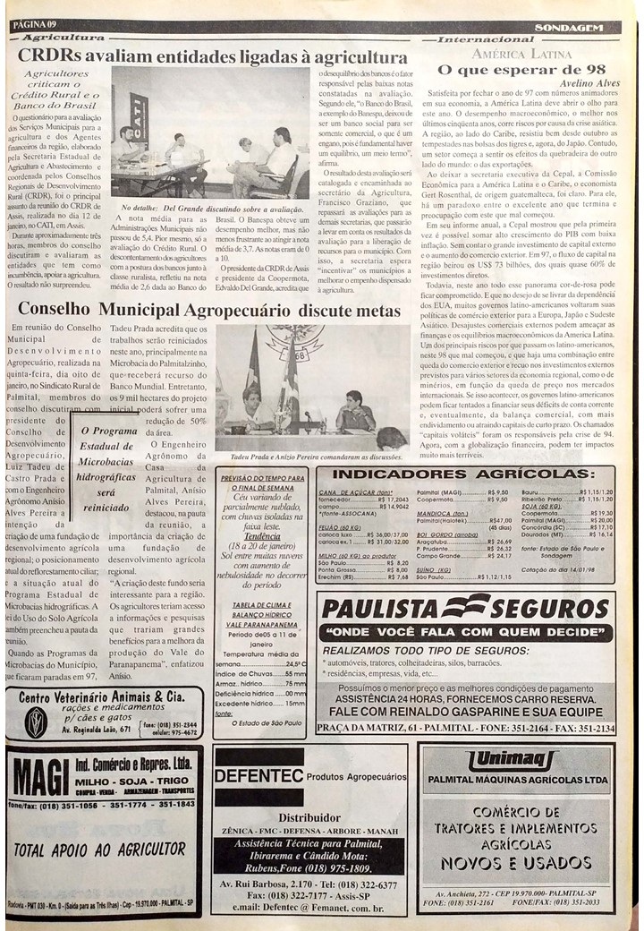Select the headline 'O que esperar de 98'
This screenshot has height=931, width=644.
pyautogui.click(x=531, y=70)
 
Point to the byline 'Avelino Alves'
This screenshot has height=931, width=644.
pyautogui.click(x=589, y=83)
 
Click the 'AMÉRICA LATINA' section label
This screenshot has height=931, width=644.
pyautogui.click(x=521, y=55)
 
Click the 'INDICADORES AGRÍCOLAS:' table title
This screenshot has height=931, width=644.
pyautogui.click(x=465, y=474)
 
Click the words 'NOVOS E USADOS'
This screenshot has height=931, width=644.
pyautogui.click(x=516, y=862)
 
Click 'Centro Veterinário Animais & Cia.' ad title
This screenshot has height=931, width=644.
pyautogui.click(x=101, y=696)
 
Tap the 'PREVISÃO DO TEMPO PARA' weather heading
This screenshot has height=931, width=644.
pyautogui.click(x=262, y=479)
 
